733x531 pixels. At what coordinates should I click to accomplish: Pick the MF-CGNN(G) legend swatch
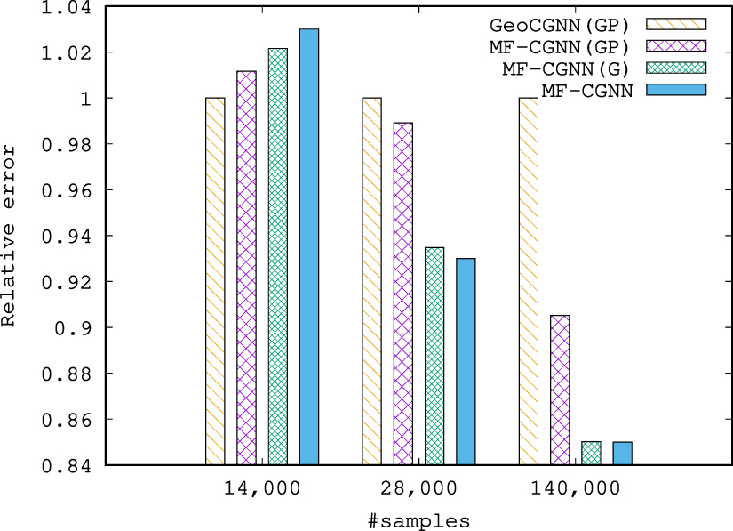click(x=675, y=68)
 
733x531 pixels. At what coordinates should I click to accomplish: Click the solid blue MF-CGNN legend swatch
click(x=675, y=89)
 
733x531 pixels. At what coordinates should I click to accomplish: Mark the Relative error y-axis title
click(x=10, y=236)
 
